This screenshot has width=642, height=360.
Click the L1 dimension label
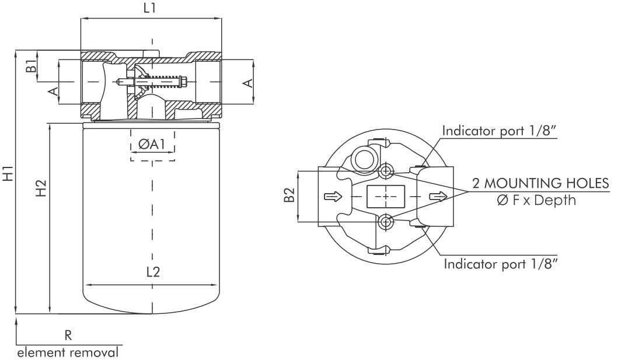click(x=151, y=8)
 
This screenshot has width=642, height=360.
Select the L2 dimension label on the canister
click(x=153, y=271)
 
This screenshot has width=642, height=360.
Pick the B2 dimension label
click(x=288, y=197)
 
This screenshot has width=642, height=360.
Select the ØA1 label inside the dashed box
click(x=152, y=144)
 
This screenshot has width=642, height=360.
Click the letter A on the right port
click(x=248, y=83)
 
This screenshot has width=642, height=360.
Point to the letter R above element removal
click(x=68, y=335)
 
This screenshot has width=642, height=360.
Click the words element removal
click(x=68, y=352)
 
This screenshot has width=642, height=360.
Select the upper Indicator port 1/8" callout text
click(x=500, y=130)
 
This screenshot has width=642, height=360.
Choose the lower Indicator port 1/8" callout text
click(x=501, y=264)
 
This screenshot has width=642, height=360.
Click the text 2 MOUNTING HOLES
click(x=540, y=183)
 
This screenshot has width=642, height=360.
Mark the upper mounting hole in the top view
click(x=386, y=172)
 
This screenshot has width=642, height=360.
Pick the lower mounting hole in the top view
click(x=386, y=221)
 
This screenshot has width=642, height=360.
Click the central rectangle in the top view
click(x=386, y=197)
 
